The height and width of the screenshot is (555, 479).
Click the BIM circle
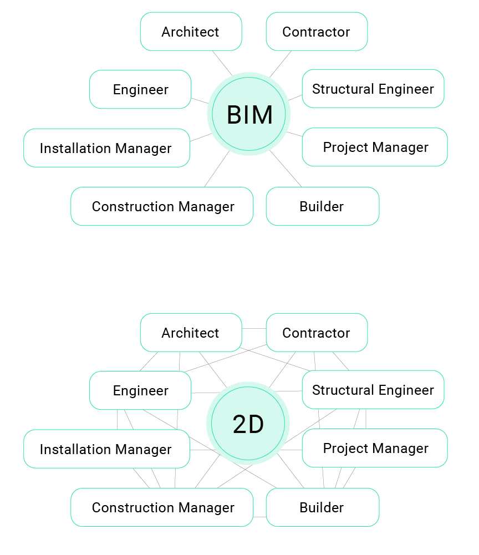click(x=249, y=114)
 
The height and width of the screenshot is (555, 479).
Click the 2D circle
click(x=248, y=424)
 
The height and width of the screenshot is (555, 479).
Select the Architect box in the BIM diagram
click(x=191, y=32)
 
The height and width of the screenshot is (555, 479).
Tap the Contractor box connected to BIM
click(x=317, y=32)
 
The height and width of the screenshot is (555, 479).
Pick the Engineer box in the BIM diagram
click(x=140, y=89)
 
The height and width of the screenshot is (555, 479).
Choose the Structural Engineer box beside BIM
click(x=373, y=89)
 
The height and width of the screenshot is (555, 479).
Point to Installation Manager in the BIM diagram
click(x=106, y=148)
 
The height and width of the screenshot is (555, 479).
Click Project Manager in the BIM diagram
click(x=375, y=147)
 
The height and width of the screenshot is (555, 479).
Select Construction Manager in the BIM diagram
click(x=162, y=206)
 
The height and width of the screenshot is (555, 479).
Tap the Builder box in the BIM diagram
click(x=322, y=206)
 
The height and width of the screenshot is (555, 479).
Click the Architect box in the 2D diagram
click(x=191, y=333)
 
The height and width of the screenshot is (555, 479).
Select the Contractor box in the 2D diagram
click(x=317, y=333)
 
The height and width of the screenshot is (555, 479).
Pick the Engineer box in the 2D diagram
click(x=140, y=390)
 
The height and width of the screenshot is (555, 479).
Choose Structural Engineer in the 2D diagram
click(x=373, y=390)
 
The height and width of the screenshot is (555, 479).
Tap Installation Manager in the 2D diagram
click(x=106, y=449)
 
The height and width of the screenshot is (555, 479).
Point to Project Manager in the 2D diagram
click(x=375, y=448)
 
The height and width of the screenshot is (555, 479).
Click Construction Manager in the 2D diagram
click(x=162, y=507)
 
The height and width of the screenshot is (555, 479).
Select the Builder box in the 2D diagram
click(x=322, y=507)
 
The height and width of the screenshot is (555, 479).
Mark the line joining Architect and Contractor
click(x=254, y=328)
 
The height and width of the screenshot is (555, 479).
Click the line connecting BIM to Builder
click(x=286, y=169)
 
